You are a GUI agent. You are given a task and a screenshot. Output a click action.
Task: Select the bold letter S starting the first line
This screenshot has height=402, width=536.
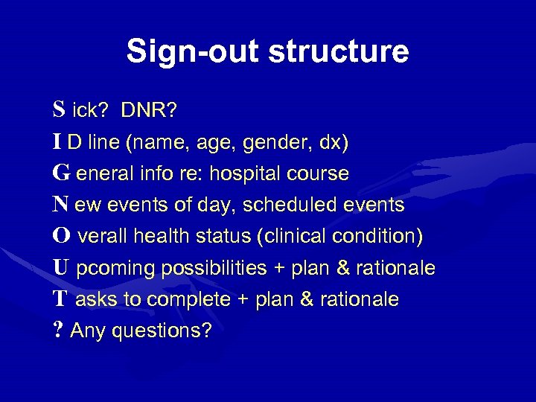pyautogui.click(x=59, y=110)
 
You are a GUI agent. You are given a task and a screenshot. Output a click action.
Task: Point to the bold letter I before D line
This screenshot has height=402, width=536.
pyautogui.click(x=57, y=142)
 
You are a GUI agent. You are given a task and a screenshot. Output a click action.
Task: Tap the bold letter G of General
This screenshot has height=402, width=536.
pyautogui.click(x=61, y=173)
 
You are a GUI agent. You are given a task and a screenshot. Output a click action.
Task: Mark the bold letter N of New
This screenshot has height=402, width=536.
pyautogui.click(x=61, y=205)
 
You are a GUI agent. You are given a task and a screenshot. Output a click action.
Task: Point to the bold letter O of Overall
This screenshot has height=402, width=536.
pyautogui.click(x=62, y=236)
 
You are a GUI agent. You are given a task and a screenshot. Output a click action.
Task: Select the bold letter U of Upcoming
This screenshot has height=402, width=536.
pyautogui.click(x=61, y=267)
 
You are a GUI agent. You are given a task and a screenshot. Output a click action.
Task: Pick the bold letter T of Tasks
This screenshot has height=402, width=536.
pyautogui.click(x=60, y=299)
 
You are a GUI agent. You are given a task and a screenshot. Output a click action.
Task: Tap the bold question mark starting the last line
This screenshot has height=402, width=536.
pyautogui.click(x=57, y=330)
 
